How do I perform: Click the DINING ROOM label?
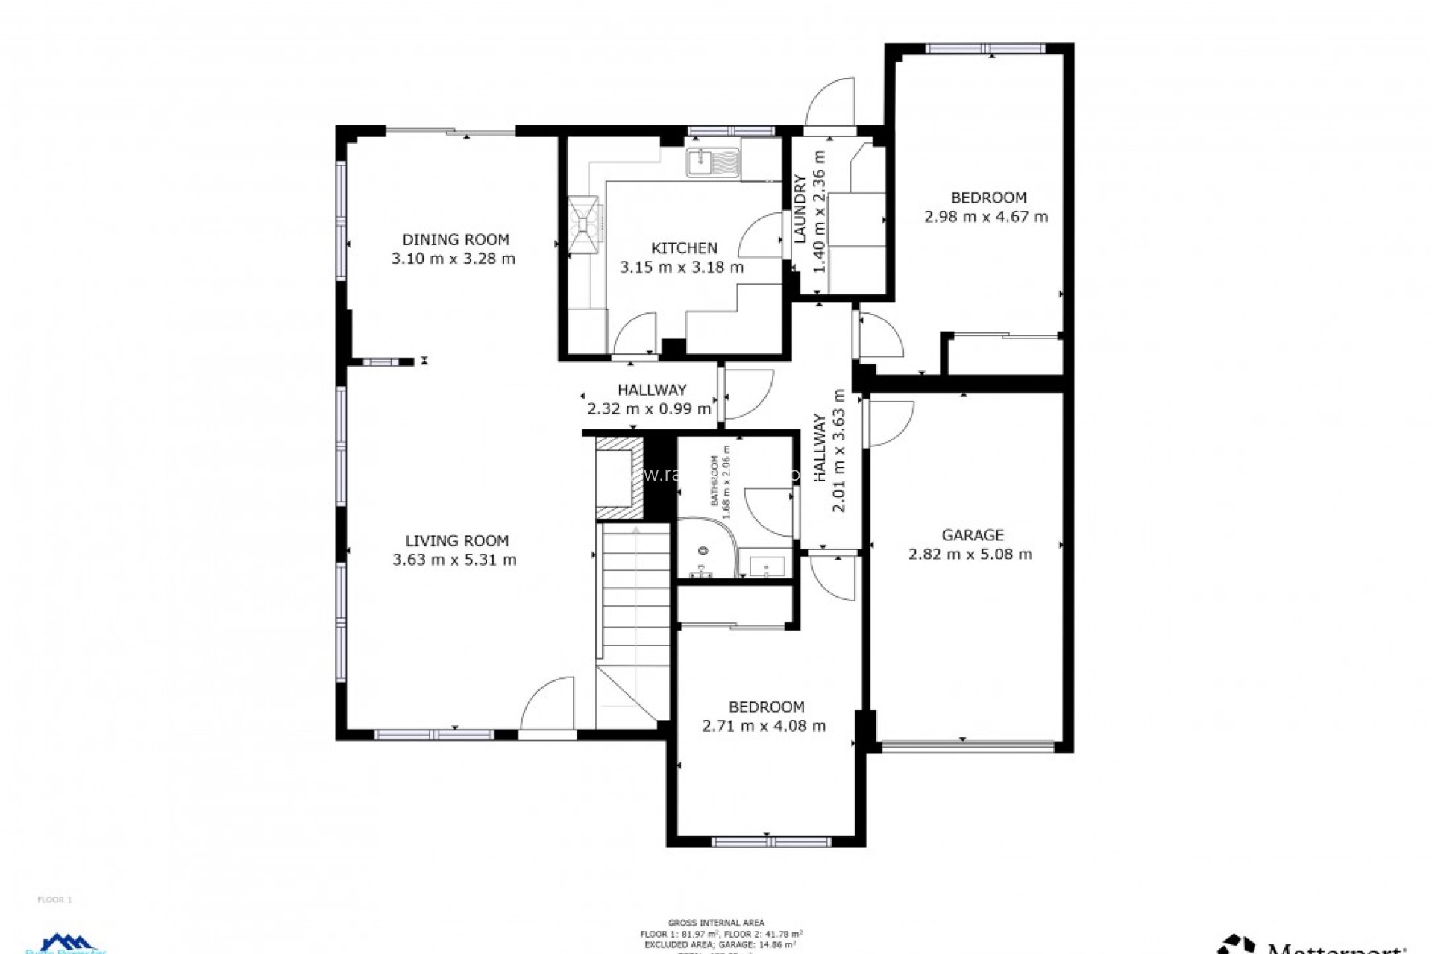(x=456, y=239)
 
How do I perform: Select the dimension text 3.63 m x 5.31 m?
(x=454, y=560)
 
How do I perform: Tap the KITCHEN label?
(x=684, y=248)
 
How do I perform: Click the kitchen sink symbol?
(x=713, y=162)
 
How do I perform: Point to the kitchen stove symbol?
(x=582, y=224)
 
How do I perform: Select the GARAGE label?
(x=972, y=535)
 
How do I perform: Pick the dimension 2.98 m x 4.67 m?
(x=985, y=217)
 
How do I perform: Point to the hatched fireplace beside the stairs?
(x=618, y=478)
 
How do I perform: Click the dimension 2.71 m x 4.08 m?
(x=764, y=726)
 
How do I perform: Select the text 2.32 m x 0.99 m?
(x=649, y=408)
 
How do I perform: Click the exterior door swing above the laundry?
(x=829, y=104)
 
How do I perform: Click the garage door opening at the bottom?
(x=967, y=744)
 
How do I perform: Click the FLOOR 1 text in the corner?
(x=54, y=900)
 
